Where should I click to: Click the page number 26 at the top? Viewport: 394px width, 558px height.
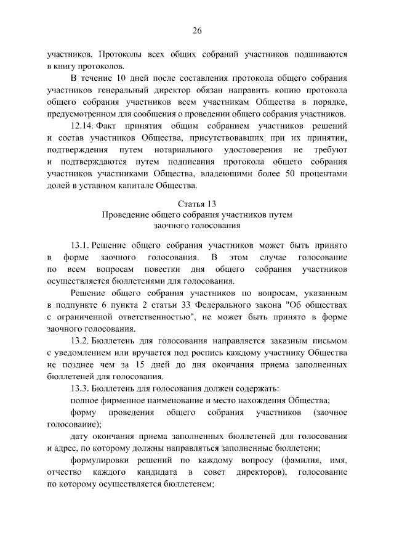coord(197,30)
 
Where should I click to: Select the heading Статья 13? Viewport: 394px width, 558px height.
coord(197,203)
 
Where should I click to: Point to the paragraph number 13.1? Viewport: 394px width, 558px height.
coord(82,244)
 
